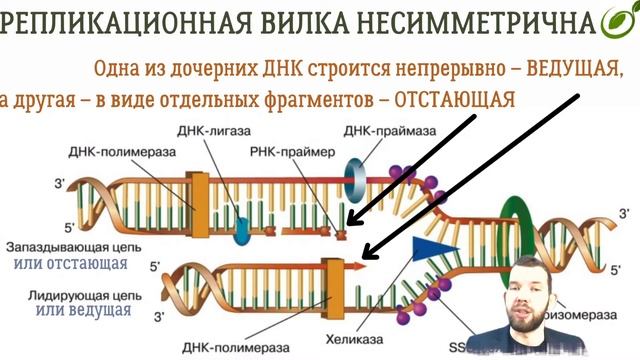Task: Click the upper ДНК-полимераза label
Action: [122, 152]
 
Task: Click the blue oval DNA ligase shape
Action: [241, 230]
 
